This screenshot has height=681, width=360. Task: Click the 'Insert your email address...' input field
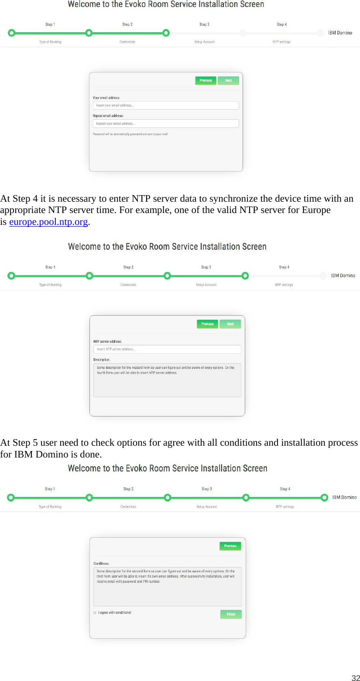pyautogui.click(x=165, y=105)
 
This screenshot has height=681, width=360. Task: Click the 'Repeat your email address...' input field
pyautogui.click(x=165, y=124)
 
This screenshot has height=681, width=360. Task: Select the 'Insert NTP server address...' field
pyautogui.click(x=167, y=349)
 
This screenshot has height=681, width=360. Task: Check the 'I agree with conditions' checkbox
pyautogui.click(x=95, y=612)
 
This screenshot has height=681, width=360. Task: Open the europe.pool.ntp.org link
pyautogui.click(x=48, y=222)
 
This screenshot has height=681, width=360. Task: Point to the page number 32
pyautogui.click(x=355, y=678)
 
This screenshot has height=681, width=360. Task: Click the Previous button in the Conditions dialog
pyautogui.click(x=230, y=546)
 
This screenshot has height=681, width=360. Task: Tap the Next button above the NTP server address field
pyautogui.click(x=230, y=324)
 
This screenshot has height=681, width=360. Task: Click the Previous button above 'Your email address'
pyautogui.click(x=206, y=80)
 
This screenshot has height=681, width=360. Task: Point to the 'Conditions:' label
pyautogui.click(x=101, y=563)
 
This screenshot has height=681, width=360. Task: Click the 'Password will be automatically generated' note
pyautogui.click(x=130, y=134)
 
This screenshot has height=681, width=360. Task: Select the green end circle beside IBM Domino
pyautogui.click(x=324, y=497)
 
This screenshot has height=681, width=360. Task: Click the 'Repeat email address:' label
pyautogui.click(x=108, y=116)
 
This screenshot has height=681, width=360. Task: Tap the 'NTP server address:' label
pyautogui.click(x=107, y=341)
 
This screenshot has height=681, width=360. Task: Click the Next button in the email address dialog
pyautogui.click(x=228, y=80)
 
